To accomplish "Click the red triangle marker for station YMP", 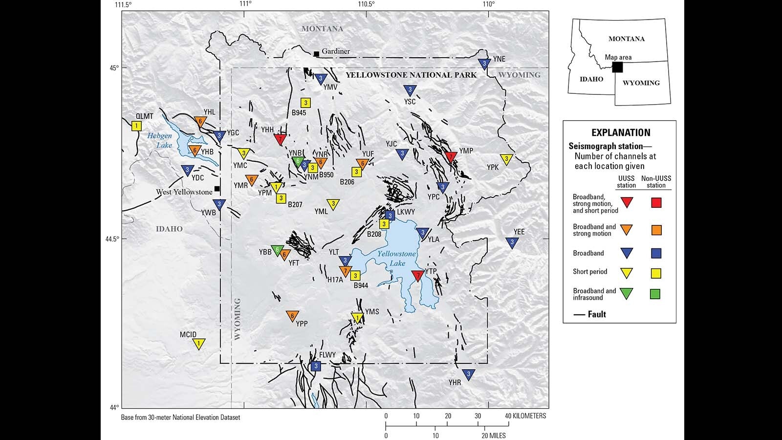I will coord(451,156).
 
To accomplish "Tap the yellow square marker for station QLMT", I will coord(136,126).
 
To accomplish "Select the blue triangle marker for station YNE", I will coord(484,64).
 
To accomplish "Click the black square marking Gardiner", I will coord(316,53).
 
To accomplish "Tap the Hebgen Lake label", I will coord(160,140).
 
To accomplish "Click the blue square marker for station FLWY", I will coord(316,366).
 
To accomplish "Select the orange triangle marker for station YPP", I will coord(292,316).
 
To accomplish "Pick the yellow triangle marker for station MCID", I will coord(198,344).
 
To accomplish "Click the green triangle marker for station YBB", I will coord(277,250).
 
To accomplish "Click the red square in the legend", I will coord(656,202).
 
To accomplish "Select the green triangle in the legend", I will coord(626,293).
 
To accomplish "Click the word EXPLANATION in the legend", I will coord(621,132).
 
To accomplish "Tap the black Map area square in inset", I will coord(617,67).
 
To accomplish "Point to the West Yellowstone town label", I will coord(184,192).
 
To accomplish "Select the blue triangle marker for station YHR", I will coord(468,374).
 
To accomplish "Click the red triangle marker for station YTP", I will coord(417,276).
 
